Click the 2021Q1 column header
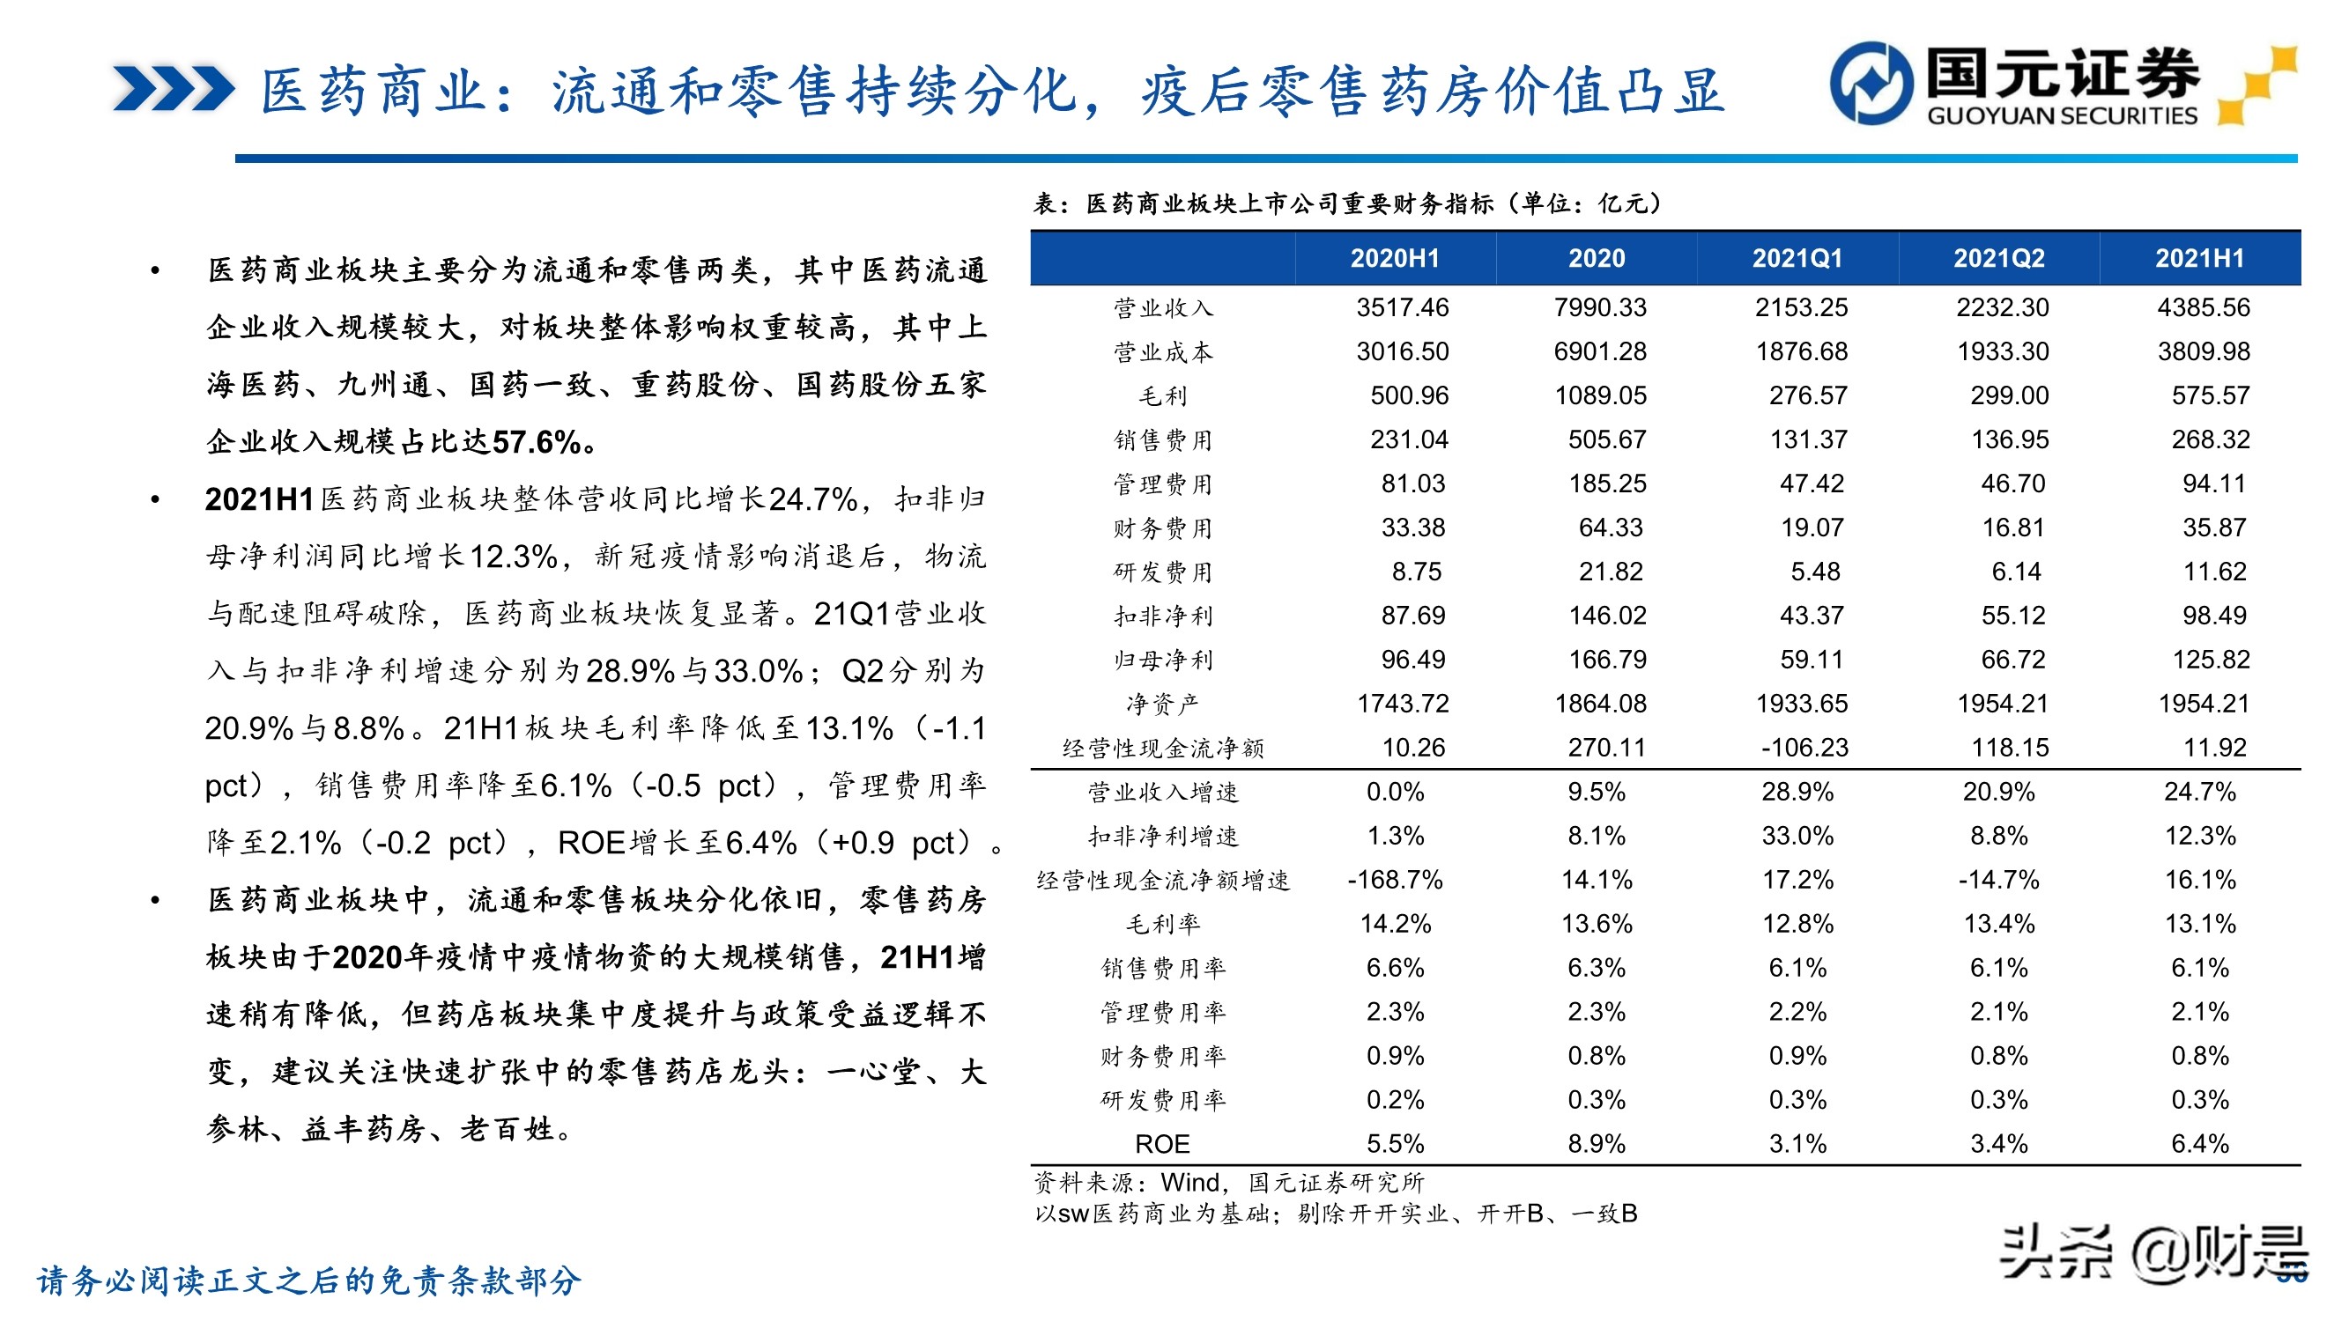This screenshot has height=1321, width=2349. tap(1797, 258)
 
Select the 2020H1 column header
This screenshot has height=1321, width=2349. tap(1394, 258)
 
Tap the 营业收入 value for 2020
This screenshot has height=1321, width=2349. tap(1599, 307)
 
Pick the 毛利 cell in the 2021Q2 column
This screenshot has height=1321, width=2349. tap(2009, 395)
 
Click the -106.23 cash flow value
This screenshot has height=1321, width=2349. tap(1804, 748)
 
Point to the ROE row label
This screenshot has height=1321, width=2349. tap(1162, 1143)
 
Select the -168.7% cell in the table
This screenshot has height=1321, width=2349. tap(1394, 880)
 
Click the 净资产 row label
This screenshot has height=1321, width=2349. tap(1162, 704)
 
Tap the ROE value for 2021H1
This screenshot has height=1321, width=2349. tap(2199, 1143)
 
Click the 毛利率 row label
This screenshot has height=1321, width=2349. tap(1162, 925)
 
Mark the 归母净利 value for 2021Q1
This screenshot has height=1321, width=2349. tap(1811, 659)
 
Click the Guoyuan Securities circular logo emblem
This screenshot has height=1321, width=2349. tap(1871, 84)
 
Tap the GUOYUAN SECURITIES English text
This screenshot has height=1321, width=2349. tap(2062, 115)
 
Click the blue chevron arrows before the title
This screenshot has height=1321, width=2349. tap(174, 89)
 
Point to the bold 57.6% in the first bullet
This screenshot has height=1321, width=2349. tap(537, 443)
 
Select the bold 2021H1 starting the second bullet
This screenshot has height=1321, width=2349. tap(259, 499)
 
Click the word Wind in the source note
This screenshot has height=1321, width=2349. tap(1190, 1183)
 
